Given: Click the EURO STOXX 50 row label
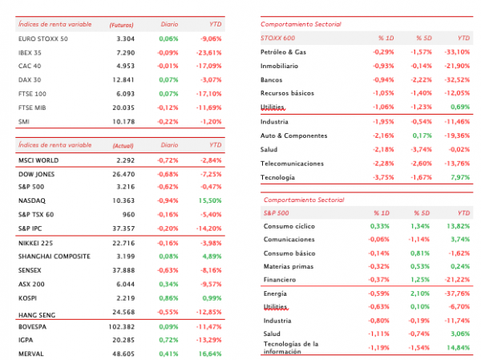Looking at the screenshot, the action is tap(43, 39).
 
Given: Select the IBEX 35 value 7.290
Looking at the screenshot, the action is tap(126, 53).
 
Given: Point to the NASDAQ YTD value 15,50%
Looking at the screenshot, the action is tap(210, 200).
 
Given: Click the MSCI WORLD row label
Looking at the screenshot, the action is tap(38, 160).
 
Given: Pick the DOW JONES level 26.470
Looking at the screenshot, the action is tap(123, 174).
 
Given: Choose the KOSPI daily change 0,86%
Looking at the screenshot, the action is tap(168, 298).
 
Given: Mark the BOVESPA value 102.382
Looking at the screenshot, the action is tap(122, 327).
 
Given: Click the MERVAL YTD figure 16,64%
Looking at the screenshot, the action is tap(210, 354).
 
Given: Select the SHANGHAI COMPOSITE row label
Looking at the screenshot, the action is tap(55, 257).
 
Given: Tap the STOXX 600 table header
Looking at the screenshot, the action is tap(277, 38).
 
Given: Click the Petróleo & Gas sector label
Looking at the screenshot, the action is tap(283, 52).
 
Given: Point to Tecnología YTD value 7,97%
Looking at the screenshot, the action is tap(460, 177).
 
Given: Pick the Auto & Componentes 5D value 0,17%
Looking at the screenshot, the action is tap(422, 136).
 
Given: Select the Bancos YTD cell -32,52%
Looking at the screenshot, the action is tap(457, 80).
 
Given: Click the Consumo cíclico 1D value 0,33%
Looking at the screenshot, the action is tap(379, 226).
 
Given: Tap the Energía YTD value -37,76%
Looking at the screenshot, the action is tap(457, 293).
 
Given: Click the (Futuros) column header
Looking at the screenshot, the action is tap(122, 25).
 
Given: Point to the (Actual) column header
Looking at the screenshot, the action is tap(123, 146).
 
